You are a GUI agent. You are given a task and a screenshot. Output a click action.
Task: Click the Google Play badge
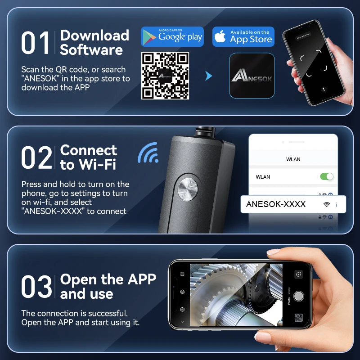[172, 36]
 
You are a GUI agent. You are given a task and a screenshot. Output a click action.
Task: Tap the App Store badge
[243, 36]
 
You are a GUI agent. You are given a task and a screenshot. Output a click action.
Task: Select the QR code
[165, 76]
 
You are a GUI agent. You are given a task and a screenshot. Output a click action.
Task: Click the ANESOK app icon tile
[252, 76]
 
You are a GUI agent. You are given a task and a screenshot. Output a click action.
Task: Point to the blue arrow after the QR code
[208, 76]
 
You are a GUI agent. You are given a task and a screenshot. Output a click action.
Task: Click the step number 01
[36, 44]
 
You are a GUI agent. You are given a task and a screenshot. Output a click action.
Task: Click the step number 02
[36, 158]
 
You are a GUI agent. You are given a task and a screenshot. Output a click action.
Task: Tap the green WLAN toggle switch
[327, 176]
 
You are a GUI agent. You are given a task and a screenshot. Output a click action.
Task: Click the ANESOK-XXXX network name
[276, 204]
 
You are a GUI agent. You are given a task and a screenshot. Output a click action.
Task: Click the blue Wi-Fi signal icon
[148, 153]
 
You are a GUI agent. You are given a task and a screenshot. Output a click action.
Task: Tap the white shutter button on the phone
[298, 296]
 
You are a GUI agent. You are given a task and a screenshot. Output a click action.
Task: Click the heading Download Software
[94, 42]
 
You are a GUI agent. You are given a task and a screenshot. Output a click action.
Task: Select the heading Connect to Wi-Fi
[89, 157]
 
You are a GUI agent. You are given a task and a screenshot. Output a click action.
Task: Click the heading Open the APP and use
[108, 287]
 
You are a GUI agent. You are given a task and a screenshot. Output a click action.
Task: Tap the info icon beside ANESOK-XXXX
[337, 205]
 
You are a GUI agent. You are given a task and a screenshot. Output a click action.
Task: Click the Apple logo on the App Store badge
[220, 37]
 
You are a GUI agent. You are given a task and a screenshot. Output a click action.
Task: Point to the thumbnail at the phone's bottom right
[298, 318]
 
